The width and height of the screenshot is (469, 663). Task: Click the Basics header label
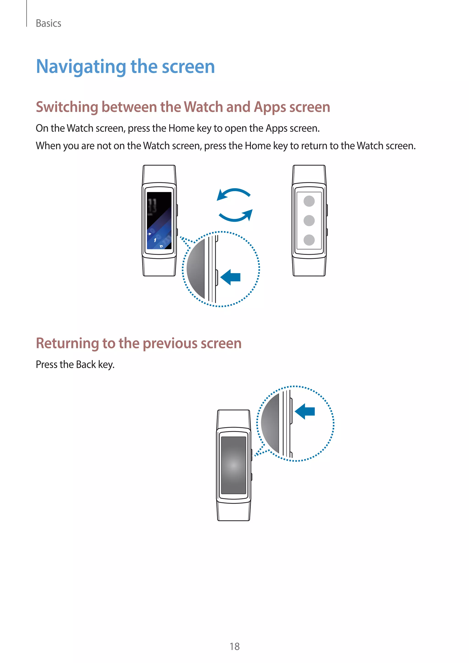48,23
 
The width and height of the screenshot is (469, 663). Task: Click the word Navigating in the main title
81,67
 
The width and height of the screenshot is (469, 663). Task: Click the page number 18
234,646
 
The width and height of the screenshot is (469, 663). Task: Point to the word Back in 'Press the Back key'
86,365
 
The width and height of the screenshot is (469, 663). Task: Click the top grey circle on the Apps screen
309,201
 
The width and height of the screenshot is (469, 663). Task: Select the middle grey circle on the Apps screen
309,220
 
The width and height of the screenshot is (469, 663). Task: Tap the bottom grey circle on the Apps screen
309,240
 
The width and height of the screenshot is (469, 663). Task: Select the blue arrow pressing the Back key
305,411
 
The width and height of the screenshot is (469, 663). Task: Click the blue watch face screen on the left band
159,221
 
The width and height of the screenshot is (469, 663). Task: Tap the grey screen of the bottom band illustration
233,465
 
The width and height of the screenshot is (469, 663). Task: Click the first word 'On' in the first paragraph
42,128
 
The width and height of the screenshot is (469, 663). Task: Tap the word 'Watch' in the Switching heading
203,107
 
